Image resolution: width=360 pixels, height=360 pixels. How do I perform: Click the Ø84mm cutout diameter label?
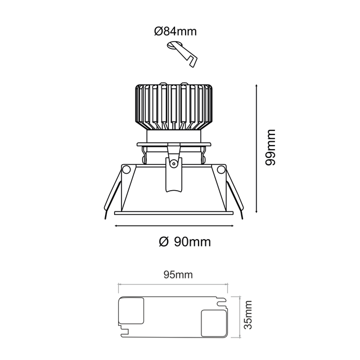(175, 31)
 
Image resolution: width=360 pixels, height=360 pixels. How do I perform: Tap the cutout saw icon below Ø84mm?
(182, 53)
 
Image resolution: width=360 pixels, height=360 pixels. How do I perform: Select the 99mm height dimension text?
(271, 148)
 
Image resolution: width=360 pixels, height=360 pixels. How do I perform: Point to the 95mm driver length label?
(177, 275)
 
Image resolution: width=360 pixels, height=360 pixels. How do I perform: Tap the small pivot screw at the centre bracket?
(174, 164)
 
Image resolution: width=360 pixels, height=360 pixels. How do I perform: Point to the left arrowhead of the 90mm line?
(116, 226)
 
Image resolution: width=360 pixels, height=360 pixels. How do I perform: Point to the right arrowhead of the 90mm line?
(232, 226)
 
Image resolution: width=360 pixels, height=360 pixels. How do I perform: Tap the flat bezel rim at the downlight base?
(174, 213)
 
